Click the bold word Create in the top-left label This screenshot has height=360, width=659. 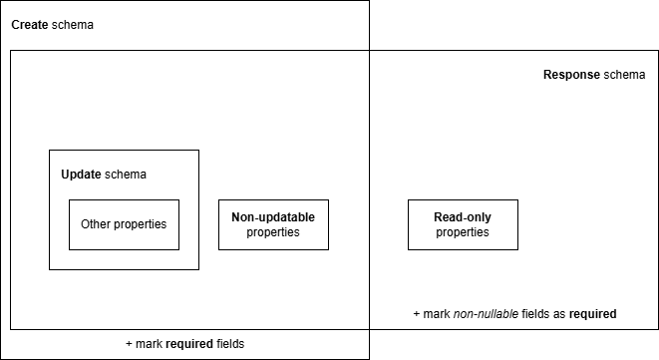(x=30, y=24)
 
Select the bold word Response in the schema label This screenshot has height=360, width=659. (x=571, y=75)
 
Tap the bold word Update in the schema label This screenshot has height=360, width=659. (x=81, y=175)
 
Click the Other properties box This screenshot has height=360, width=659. (x=124, y=224)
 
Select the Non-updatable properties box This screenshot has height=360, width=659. (x=273, y=224)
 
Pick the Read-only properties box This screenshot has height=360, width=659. (x=463, y=224)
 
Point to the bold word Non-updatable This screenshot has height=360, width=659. (x=273, y=217)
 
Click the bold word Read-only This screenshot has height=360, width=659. (x=463, y=217)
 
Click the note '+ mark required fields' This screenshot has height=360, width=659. (x=184, y=344)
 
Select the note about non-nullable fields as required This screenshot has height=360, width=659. (x=514, y=314)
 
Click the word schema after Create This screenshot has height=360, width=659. (x=73, y=24)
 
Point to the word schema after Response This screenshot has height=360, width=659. (x=624, y=75)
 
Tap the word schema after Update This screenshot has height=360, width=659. (x=126, y=175)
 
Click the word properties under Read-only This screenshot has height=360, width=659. (x=463, y=232)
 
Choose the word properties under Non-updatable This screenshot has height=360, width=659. (x=273, y=232)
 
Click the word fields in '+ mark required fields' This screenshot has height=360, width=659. (x=228, y=344)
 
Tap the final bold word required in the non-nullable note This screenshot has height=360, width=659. (x=592, y=314)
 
